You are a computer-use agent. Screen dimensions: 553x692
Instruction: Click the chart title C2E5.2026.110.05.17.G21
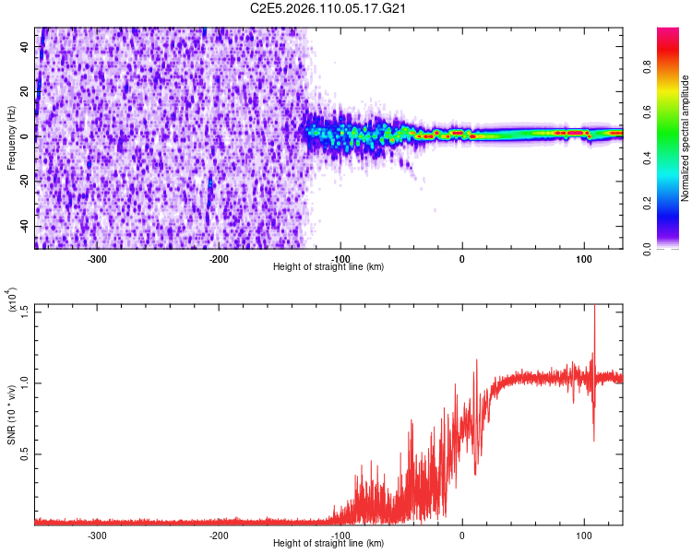coord(329,8)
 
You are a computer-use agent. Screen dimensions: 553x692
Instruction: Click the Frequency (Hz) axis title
coord(11,139)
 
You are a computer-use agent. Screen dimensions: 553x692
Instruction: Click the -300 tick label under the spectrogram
coord(97,258)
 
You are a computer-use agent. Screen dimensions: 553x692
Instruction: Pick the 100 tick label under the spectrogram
coord(583,258)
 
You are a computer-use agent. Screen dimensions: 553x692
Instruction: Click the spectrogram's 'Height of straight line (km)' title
coord(329,266)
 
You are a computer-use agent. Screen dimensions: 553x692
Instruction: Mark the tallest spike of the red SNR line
coord(594,307)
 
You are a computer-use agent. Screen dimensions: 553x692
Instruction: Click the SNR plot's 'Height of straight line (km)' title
coord(329,543)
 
